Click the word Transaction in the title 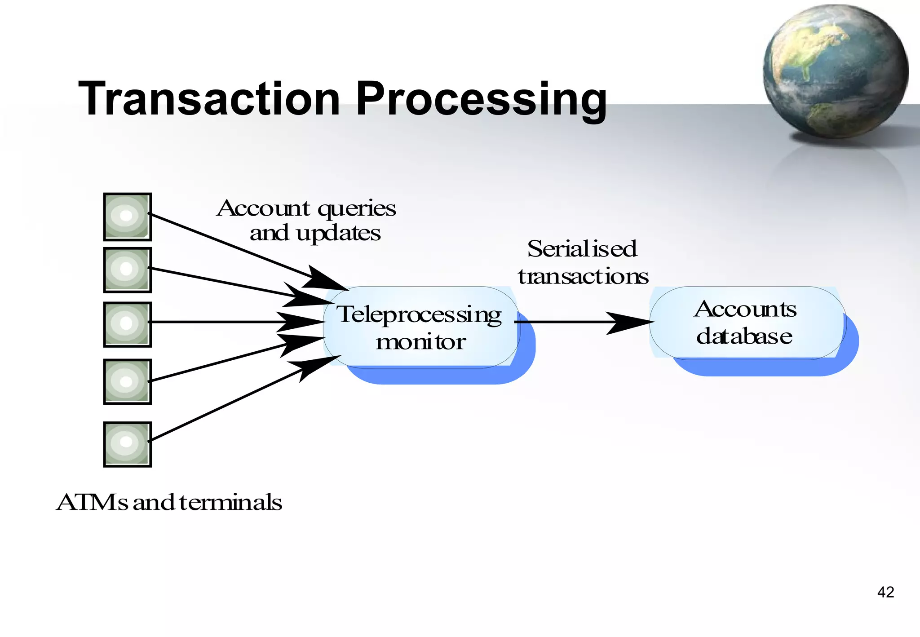[x=209, y=99]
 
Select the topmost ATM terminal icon [x=127, y=217]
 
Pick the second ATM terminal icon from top [x=127, y=270]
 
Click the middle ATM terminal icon [x=127, y=324]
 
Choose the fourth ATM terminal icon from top [x=127, y=381]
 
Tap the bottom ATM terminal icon [x=127, y=444]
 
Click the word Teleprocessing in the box [x=419, y=314]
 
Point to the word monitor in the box [x=420, y=342]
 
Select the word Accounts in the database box [x=745, y=309]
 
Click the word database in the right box [x=744, y=336]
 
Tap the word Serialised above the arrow [x=582, y=249]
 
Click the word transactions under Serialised [x=583, y=276]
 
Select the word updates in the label [x=338, y=234]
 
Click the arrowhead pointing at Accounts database [x=629, y=322]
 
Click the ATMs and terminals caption [x=169, y=502]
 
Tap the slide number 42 [x=885, y=592]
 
